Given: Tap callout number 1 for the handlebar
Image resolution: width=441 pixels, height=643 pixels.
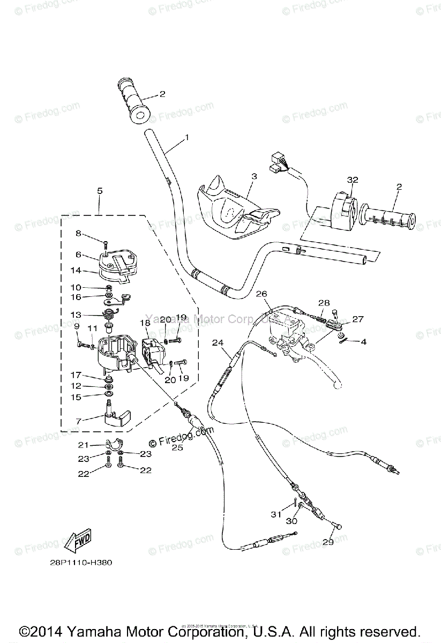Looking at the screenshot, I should (187, 138).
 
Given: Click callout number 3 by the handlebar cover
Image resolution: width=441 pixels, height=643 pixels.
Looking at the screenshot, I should (253, 176).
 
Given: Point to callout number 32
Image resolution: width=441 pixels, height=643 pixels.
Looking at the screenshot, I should (352, 180).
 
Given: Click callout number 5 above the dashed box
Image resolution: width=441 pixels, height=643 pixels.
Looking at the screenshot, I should (99, 190).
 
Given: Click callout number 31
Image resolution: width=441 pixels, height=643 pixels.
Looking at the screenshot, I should (275, 514).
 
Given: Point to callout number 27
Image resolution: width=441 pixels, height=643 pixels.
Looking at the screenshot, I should (357, 319).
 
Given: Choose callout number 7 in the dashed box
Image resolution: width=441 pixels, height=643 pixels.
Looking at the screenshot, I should (79, 422).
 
